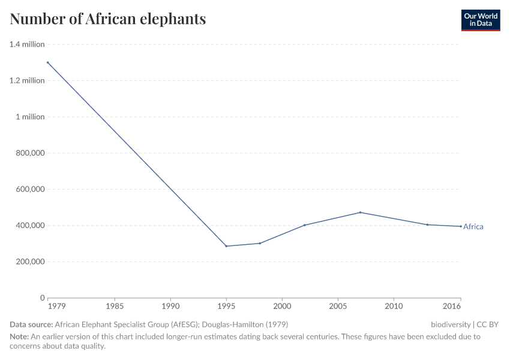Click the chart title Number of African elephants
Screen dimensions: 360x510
click(x=108, y=19)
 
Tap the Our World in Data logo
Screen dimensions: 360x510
click(x=480, y=20)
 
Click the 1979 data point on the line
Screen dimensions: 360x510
click(x=48, y=62)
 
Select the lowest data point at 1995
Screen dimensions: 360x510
click(x=226, y=246)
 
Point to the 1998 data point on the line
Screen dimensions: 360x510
click(x=260, y=243)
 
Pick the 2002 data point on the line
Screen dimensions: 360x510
click(x=304, y=225)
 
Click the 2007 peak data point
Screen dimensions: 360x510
click(x=360, y=212)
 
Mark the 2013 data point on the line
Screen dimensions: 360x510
click(x=427, y=224)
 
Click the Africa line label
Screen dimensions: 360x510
click(x=473, y=227)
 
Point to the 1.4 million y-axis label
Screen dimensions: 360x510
click(x=27, y=44)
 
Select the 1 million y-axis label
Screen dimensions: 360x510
click(x=30, y=117)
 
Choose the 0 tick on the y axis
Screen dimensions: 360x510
click(x=42, y=298)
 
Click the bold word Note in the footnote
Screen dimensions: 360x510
click(x=19, y=337)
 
